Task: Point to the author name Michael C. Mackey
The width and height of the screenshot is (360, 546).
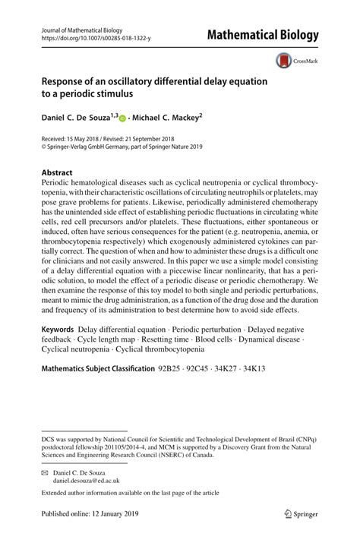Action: click(169, 118)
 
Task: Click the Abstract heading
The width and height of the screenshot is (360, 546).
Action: click(56, 172)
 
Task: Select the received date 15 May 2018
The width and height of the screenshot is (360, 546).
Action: click(91, 140)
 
